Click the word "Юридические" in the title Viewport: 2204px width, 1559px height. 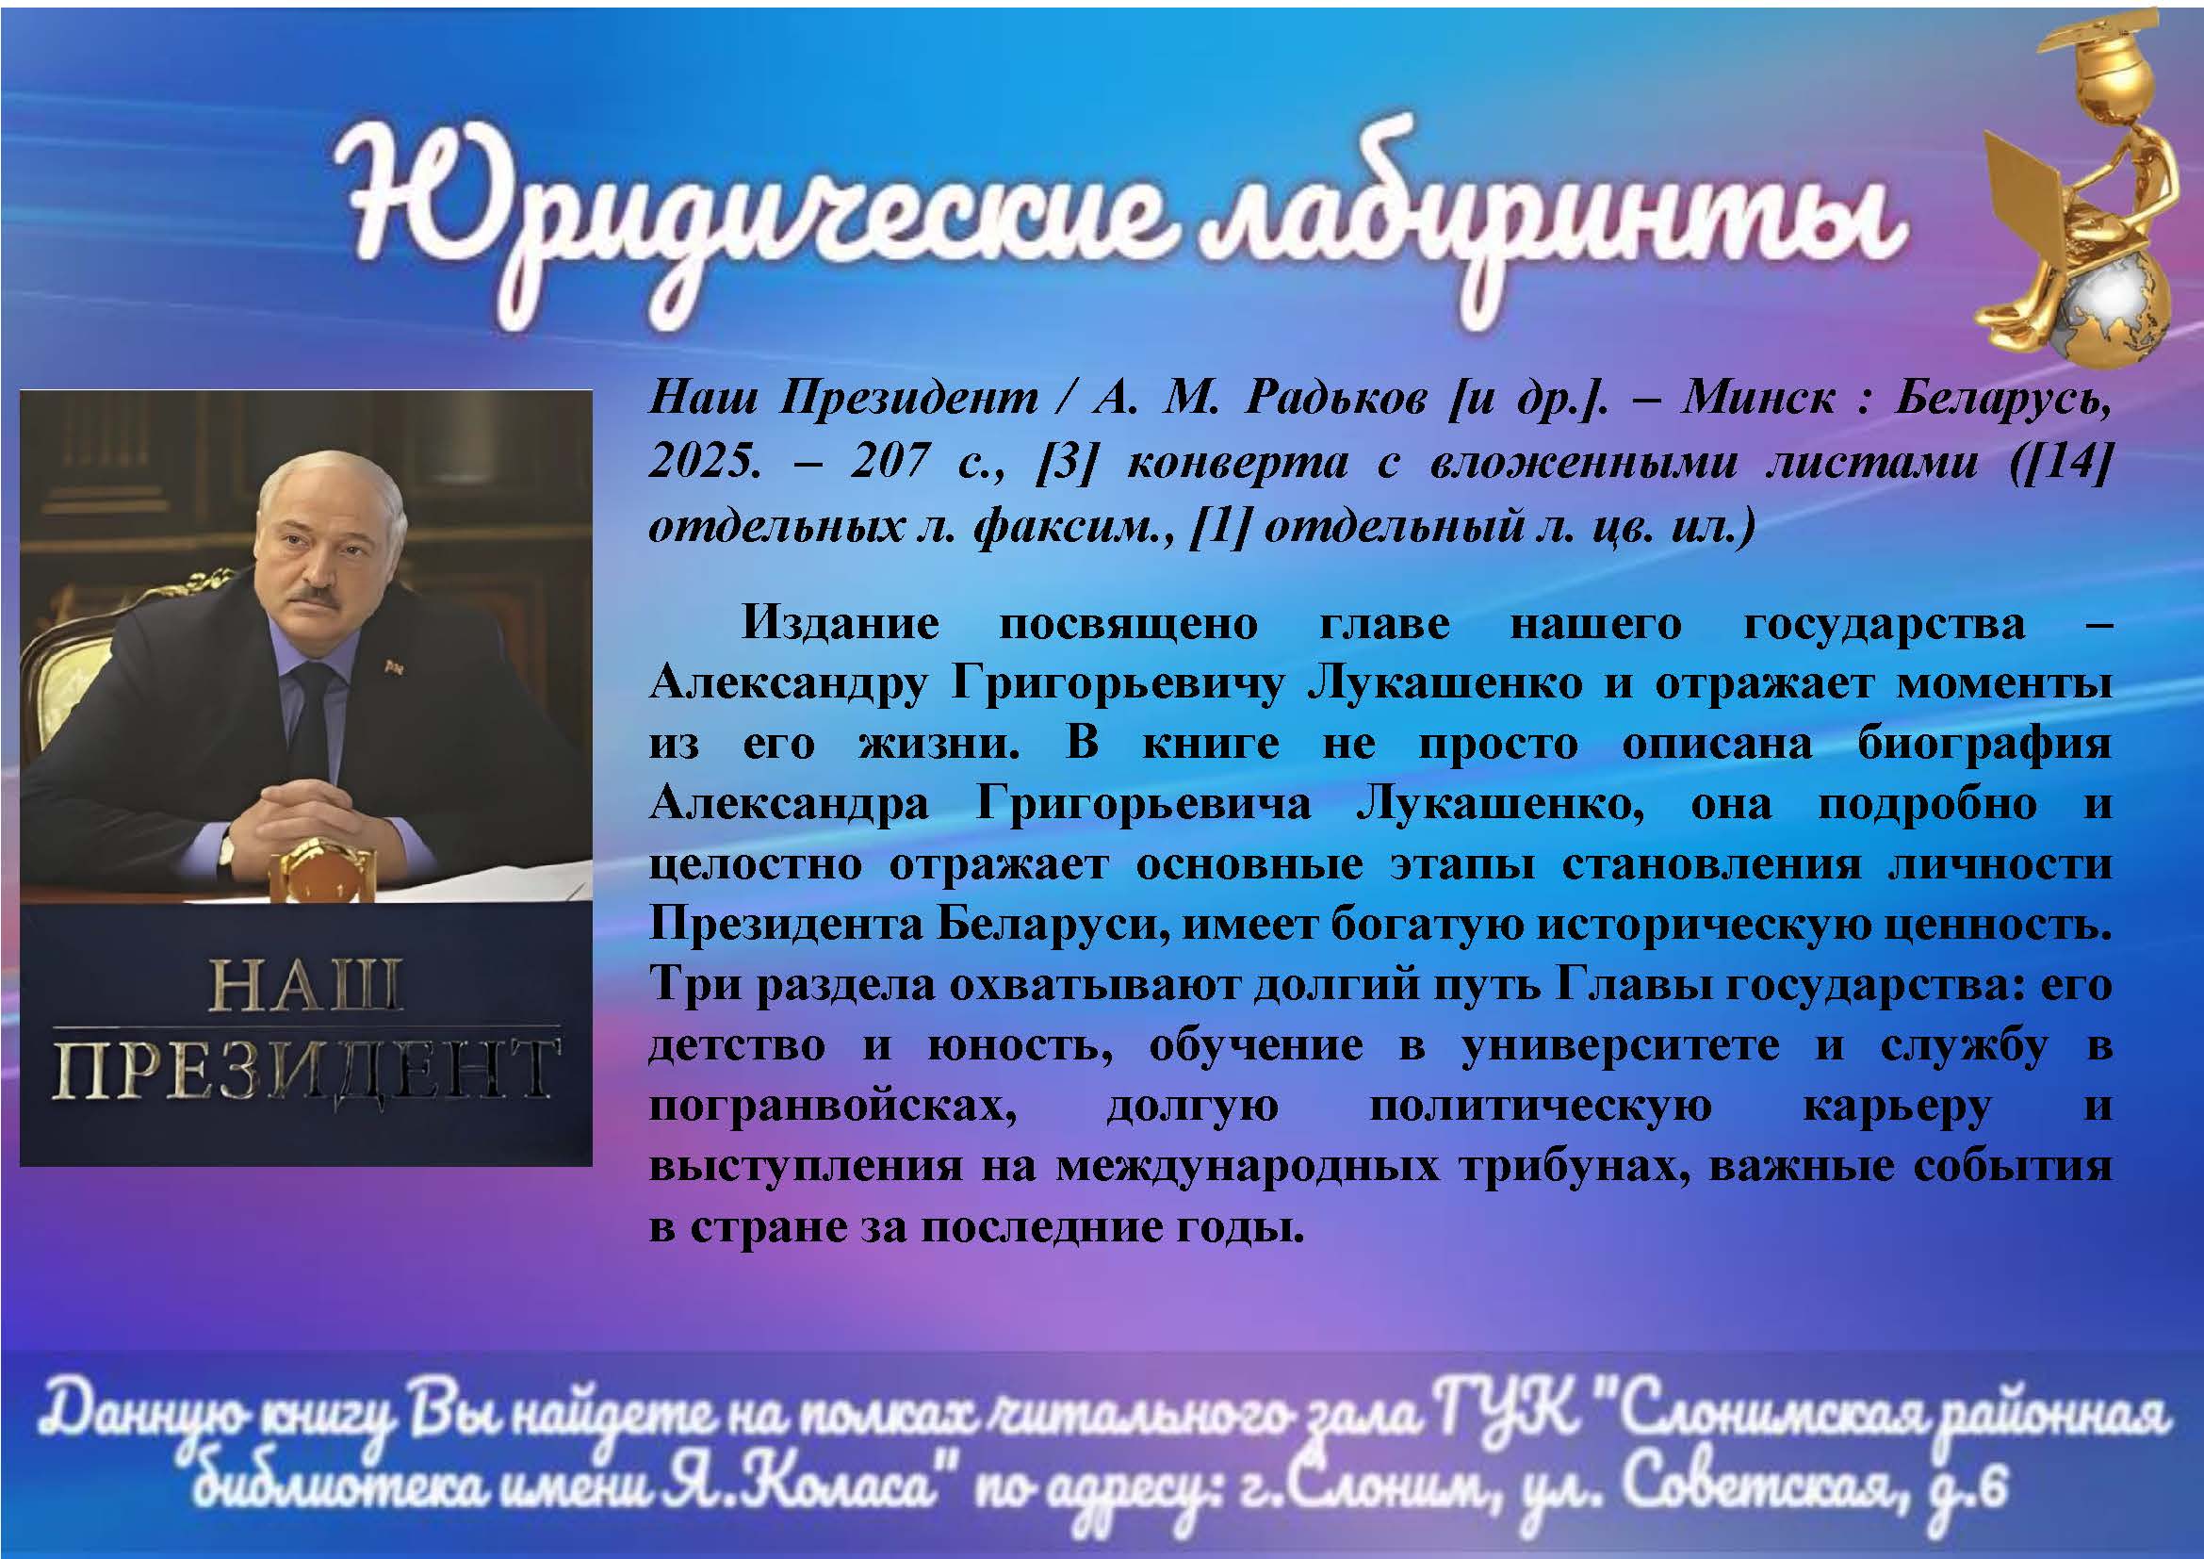point(749,206)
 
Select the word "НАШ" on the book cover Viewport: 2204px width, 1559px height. point(305,986)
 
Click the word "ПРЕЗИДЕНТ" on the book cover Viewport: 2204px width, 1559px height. point(305,1068)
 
